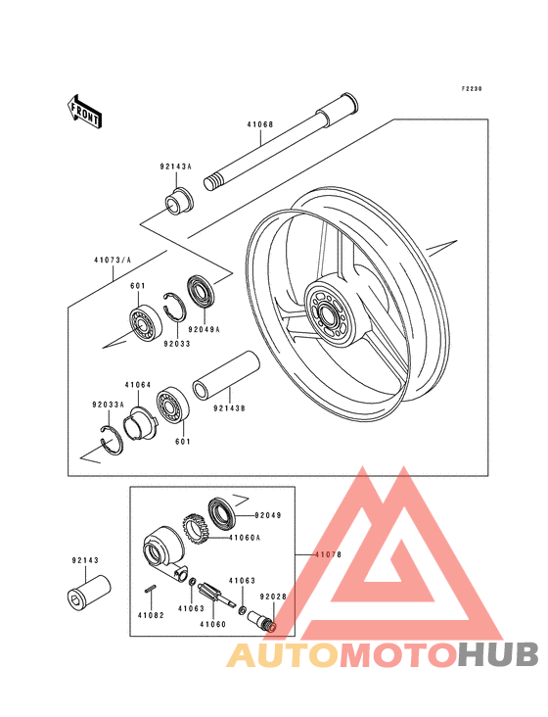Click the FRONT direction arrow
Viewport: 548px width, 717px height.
pyautogui.click(x=85, y=111)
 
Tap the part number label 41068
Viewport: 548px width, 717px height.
pyautogui.click(x=260, y=124)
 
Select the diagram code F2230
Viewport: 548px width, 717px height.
pyautogui.click(x=472, y=89)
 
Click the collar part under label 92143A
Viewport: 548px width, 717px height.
pyautogui.click(x=179, y=201)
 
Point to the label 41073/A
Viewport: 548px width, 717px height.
pyautogui.click(x=113, y=261)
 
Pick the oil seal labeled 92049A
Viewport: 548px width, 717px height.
pyautogui.click(x=201, y=292)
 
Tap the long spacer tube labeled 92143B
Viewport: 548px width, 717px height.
pyautogui.click(x=226, y=375)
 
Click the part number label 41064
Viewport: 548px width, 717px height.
pyautogui.click(x=138, y=385)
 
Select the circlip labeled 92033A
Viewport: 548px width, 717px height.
pyautogui.click(x=112, y=441)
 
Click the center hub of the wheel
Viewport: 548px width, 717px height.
pyautogui.click(x=329, y=314)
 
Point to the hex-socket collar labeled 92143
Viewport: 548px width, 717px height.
pyautogui.click(x=88, y=593)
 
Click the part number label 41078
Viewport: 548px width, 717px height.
pyautogui.click(x=328, y=554)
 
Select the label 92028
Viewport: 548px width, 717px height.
pyautogui.click(x=273, y=597)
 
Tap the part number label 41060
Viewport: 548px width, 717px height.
pyautogui.click(x=212, y=624)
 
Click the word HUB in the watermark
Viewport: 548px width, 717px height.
pyautogui.click(x=498, y=654)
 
